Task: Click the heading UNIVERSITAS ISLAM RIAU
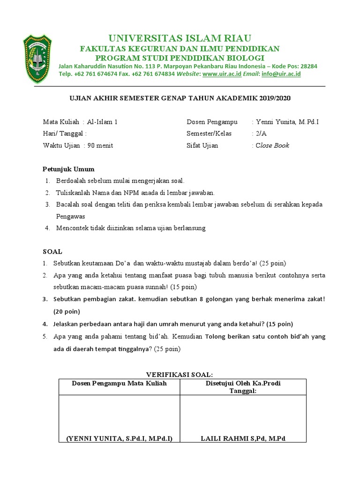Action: (180, 38)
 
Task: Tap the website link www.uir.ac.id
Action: (222, 74)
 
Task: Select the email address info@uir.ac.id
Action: (281, 74)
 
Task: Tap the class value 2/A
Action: (262, 134)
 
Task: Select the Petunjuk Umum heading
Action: (68, 169)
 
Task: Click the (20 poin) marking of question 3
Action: (67, 311)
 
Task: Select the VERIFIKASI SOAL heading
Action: (180, 375)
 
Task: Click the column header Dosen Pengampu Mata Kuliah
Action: (119, 383)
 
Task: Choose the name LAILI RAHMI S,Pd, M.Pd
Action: (243, 438)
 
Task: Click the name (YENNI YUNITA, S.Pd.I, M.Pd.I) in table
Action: (119, 438)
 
